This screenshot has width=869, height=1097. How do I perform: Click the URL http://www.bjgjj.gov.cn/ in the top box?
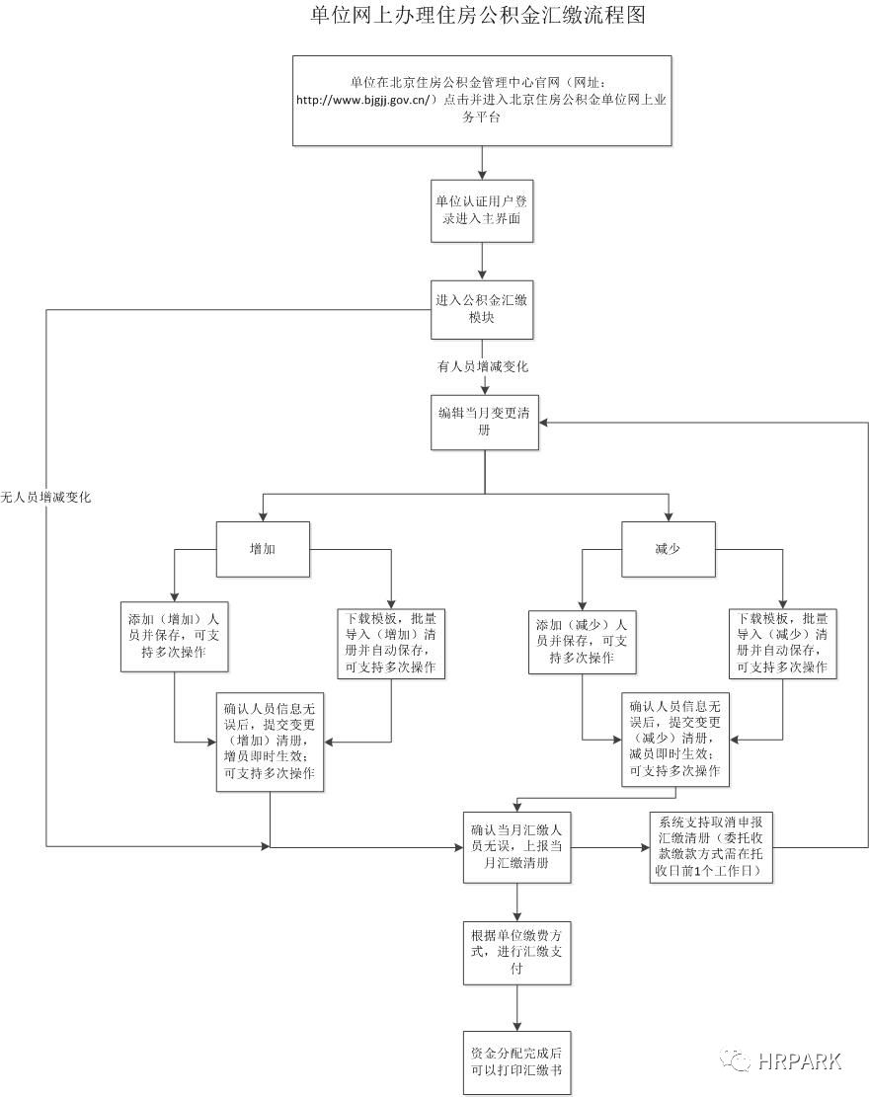point(366,100)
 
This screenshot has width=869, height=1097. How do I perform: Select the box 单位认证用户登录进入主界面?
point(483,210)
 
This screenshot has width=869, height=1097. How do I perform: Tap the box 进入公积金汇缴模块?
point(483,308)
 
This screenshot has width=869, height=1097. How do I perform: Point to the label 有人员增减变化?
point(483,366)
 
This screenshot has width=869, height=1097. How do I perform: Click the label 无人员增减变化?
point(45,498)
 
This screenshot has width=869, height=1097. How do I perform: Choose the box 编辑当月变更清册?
point(483,422)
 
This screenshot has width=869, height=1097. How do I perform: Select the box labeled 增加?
point(262,548)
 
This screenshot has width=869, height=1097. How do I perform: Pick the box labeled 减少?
point(668,548)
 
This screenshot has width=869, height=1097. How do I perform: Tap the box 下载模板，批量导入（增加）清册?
point(392,643)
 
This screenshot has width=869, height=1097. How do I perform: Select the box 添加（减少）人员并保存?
point(582,641)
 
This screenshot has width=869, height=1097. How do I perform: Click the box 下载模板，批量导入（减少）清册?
point(782,643)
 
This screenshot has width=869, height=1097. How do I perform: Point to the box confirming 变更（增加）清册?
point(270,742)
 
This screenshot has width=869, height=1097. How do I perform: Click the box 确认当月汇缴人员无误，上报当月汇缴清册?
point(516,847)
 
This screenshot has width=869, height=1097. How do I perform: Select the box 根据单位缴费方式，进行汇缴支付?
point(516,953)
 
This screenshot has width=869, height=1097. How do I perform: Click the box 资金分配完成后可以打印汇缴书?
point(516,1061)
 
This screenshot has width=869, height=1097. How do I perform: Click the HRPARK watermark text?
point(800,1061)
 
